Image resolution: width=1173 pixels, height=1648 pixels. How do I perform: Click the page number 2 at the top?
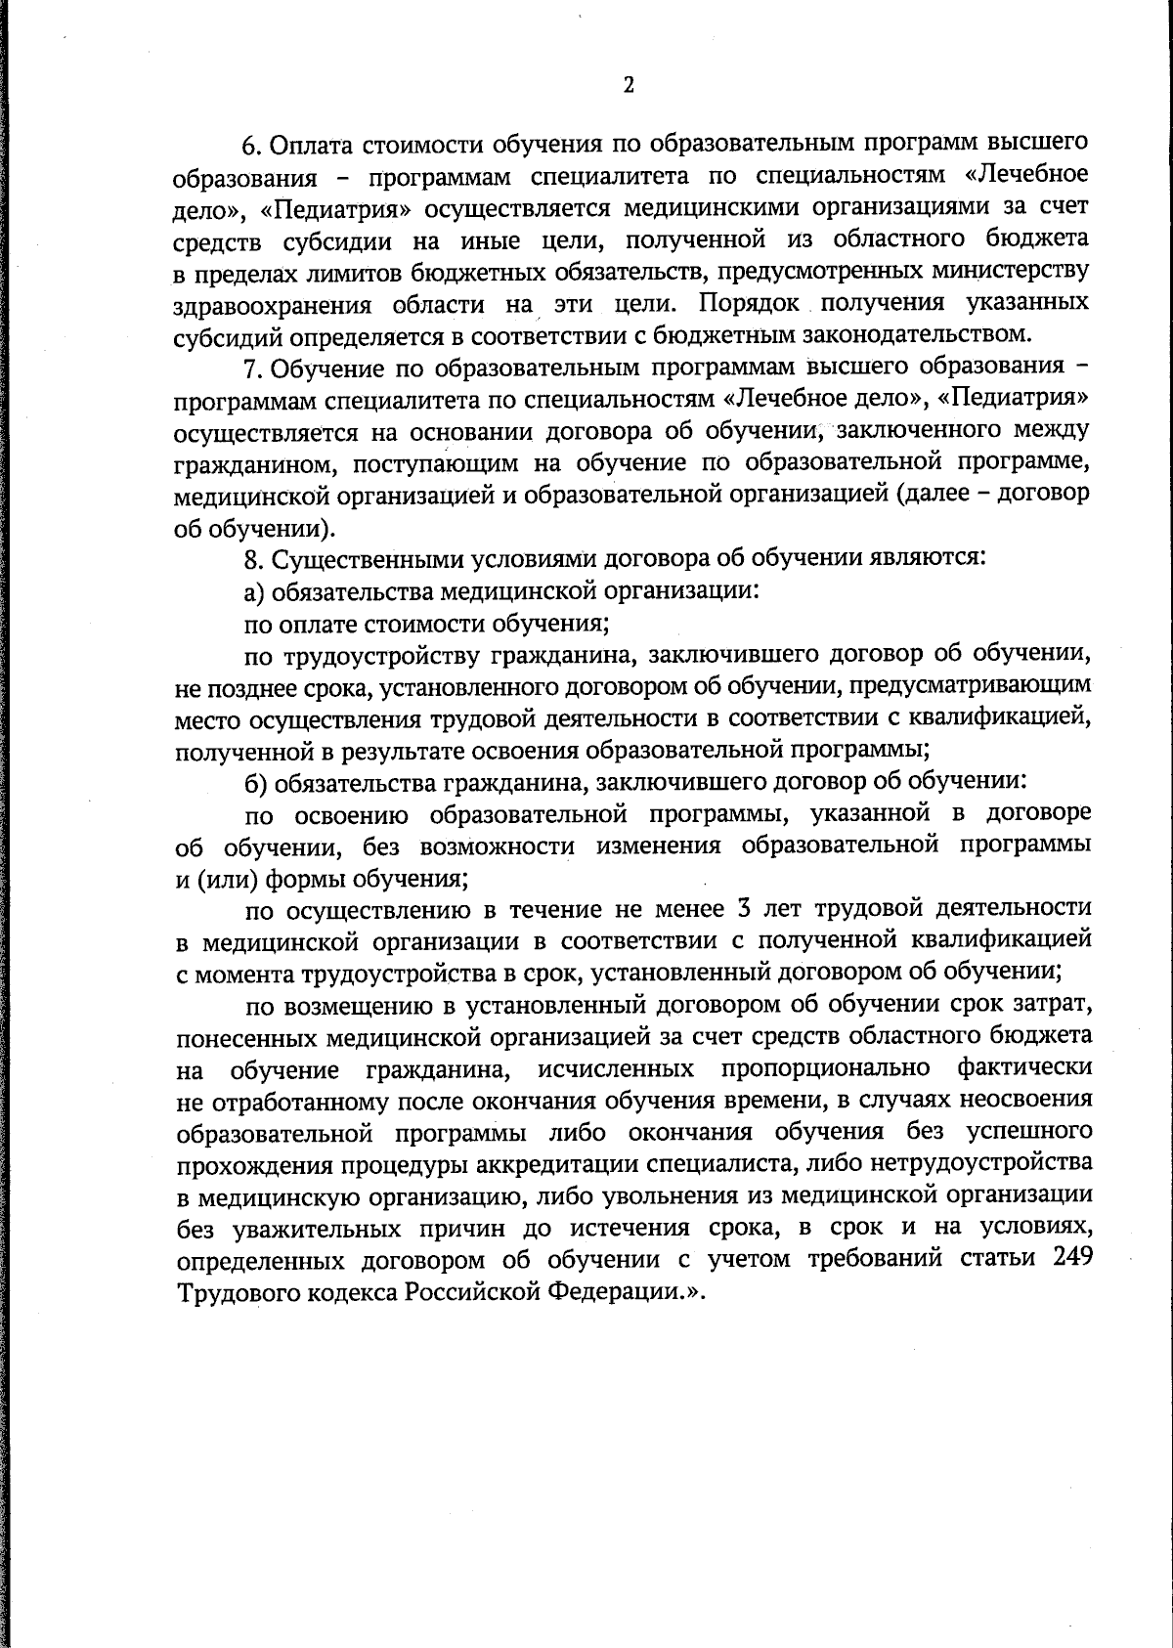coord(629,86)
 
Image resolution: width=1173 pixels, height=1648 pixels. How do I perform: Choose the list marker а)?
coord(253,591)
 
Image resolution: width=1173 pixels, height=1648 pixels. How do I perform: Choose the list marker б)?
coord(254,783)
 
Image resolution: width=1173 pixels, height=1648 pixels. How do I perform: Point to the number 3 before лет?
coord(742,909)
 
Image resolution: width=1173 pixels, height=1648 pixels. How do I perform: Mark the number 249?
coord(1072,1259)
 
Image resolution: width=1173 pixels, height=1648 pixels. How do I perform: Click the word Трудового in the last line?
coord(240,1292)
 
